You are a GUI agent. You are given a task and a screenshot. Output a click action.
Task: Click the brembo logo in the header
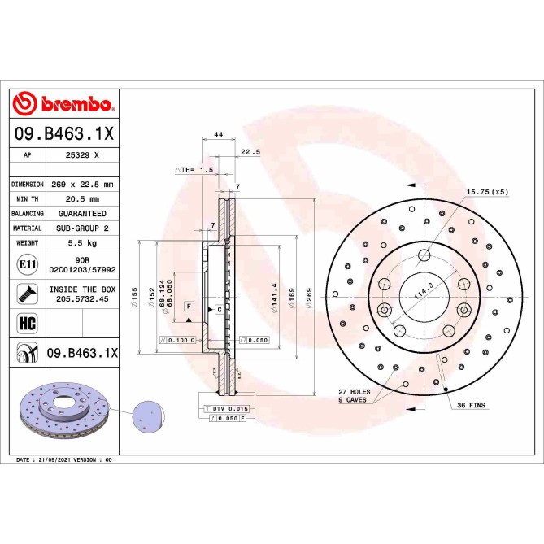pyautogui.click(x=63, y=104)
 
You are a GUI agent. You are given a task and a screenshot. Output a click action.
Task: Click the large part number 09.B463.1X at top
pyautogui.click(x=64, y=133)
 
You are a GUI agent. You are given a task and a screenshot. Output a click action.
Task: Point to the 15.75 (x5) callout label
pyautogui.click(x=486, y=192)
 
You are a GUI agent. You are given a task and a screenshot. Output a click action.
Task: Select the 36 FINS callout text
pyautogui.click(x=472, y=404)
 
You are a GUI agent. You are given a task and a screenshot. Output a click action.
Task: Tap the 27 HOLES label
pyautogui.click(x=355, y=392)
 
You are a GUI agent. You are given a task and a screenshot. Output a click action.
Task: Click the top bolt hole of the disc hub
pyautogui.click(x=423, y=256)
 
